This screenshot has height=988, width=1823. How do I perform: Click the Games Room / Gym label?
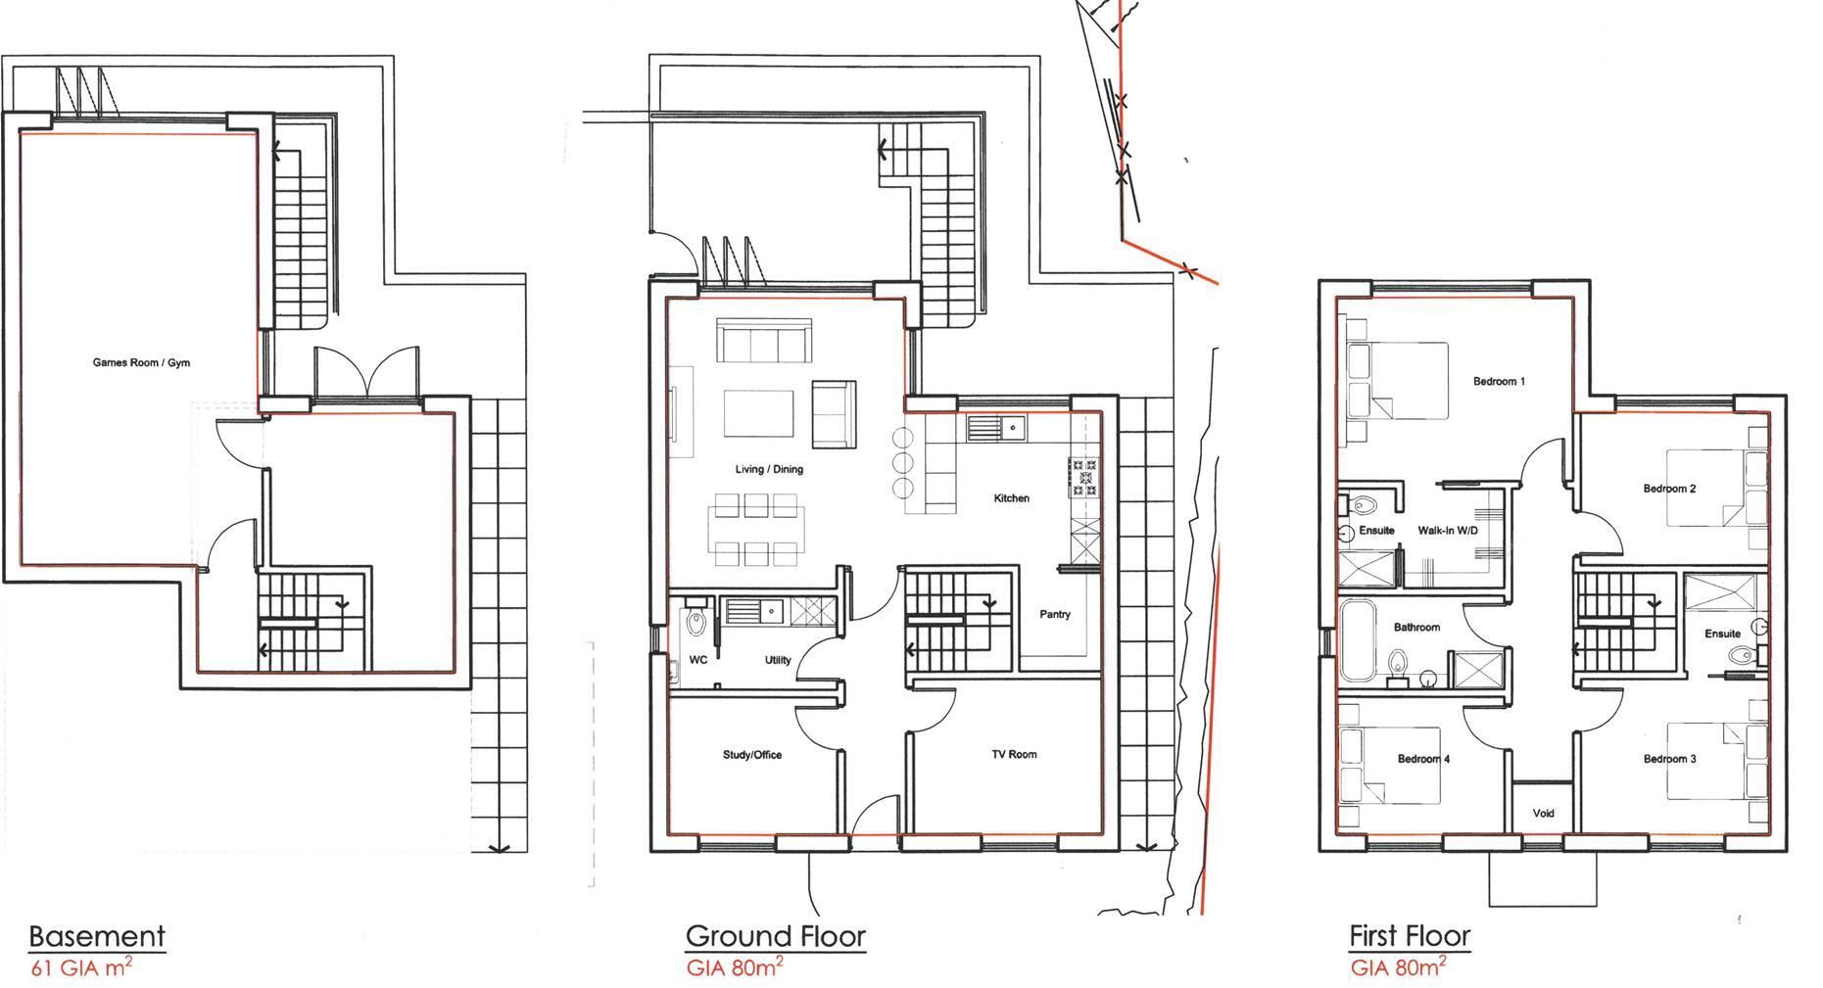141,362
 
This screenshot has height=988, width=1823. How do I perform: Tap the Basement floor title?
97,936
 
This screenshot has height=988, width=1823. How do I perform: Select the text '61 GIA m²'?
81,968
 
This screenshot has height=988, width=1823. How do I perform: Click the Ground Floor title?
776,936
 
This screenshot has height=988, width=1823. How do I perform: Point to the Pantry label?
1054,614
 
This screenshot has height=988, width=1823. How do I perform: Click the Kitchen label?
1011,498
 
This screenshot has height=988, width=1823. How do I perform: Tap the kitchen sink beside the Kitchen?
995,428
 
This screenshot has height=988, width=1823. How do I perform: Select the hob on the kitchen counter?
1083,478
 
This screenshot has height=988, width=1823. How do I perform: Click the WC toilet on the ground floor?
696,621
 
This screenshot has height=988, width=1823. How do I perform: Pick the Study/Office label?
751,755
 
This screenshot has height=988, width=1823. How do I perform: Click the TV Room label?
1013,754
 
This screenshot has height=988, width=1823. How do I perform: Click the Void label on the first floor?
1543,813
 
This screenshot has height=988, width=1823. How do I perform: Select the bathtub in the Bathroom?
1358,641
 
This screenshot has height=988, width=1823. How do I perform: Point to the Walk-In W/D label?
1447,531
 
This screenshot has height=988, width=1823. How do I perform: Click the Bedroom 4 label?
1423,759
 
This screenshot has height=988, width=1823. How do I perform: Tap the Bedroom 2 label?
1669,489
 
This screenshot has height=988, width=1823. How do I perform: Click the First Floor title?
1410,936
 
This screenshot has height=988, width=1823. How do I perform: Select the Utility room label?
777,660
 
